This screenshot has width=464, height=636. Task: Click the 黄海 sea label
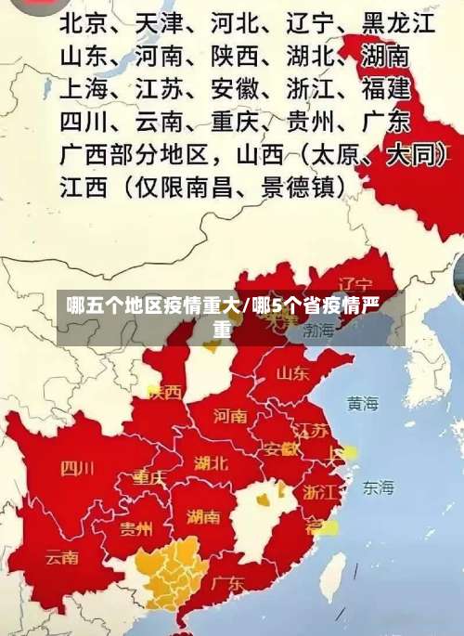363,403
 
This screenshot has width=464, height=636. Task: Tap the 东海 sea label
378,487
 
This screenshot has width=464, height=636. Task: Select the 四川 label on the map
77,467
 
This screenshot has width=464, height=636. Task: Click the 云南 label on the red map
62,558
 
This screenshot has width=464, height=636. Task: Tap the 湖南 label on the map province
203,516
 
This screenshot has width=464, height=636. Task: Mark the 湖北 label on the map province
211,461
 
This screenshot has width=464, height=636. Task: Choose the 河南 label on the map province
230,415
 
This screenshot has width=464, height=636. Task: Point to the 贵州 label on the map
136,529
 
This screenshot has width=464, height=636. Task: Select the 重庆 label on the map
148,478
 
